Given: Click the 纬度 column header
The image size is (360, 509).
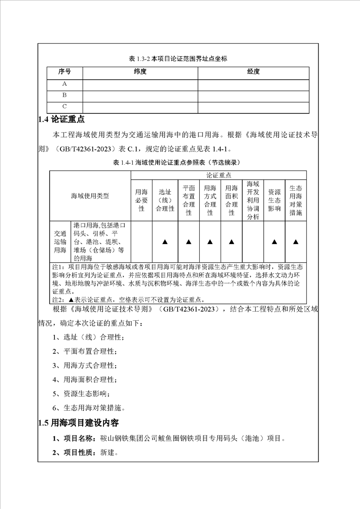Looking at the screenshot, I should pos(140,72).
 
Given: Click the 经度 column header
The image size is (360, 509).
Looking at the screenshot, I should pos(253,72).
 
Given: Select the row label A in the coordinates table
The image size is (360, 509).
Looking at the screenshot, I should pos(64,84).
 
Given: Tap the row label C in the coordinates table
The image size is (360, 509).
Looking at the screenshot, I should pos(64,107).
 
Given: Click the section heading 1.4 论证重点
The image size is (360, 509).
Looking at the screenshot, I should pos(61,120).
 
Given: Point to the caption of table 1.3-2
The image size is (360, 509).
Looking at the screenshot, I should pos(178,59).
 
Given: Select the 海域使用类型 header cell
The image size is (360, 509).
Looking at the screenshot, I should pos(90,196).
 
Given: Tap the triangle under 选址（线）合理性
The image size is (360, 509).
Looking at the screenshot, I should pos(165,242).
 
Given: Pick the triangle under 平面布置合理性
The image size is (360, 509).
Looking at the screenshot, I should pos(188,242).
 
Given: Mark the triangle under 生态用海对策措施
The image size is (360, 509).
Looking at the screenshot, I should pos(296,242).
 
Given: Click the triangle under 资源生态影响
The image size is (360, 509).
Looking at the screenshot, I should pos(274,242).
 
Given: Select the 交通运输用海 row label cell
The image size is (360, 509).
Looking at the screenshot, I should pos(60,242).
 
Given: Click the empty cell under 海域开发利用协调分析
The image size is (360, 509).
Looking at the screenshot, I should pos(253,242).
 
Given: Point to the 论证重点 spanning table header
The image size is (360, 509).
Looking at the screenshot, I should pos(219,175).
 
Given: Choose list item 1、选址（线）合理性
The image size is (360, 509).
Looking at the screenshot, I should pos(88,338).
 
